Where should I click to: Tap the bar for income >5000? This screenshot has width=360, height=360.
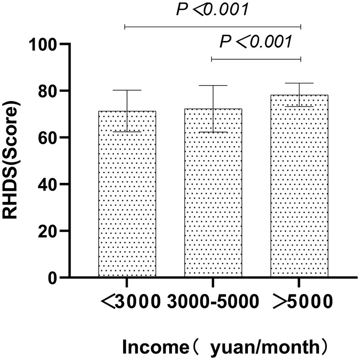click(300, 186)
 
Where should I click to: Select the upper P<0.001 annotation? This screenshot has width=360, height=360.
click(212, 10)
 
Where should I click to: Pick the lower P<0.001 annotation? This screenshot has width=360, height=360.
click(256, 42)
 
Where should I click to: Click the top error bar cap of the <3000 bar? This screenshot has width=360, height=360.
click(127, 90)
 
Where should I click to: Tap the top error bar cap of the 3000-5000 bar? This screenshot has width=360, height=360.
click(213, 86)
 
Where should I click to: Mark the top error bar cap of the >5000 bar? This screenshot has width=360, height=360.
click(300, 83)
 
